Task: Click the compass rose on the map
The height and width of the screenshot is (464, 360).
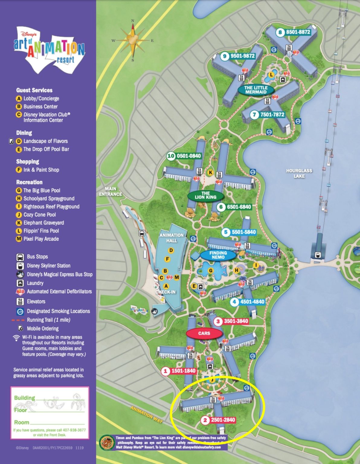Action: tap(133, 40)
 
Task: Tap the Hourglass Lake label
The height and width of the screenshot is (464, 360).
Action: tap(299, 173)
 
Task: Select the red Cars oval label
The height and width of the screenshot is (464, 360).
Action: tap(204, 333)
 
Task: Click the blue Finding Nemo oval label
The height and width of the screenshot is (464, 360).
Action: tap(218, 255)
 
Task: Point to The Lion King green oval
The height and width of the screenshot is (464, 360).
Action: tap(205, 195)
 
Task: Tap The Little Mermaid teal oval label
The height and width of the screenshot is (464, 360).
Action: tap(256, 90)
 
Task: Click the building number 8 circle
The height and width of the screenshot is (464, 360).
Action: tap(280, 32)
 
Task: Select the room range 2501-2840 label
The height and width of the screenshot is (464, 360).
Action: tap(223, 420)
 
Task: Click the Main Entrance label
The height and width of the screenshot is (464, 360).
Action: tap(111, 192)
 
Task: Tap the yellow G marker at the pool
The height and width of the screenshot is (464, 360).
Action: tap(211, 271)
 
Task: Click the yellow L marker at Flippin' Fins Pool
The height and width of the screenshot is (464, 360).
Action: tap(271, 74)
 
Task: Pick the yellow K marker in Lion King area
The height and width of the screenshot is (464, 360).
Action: tap(210, 172)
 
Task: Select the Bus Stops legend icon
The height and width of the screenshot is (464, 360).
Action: tap(20, 257)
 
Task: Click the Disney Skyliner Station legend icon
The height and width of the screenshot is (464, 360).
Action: tap(20, 266)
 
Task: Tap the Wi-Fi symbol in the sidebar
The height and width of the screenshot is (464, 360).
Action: tap(16, 337)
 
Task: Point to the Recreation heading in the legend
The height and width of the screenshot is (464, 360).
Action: tap(29, 182)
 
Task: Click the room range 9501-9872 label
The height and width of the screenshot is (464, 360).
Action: tap(242, 56)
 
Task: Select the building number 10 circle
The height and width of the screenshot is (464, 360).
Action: tap(171, 156)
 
